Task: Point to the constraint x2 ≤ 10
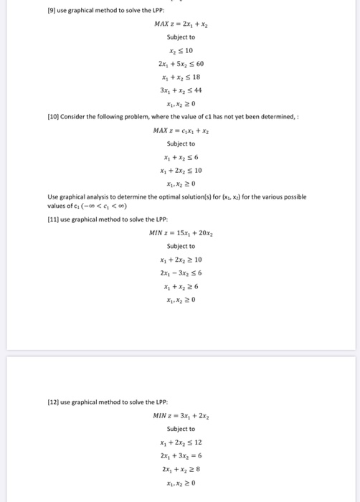tap(181, 50)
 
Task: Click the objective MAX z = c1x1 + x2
tap(181, 130)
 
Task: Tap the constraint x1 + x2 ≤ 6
tap(181, 156)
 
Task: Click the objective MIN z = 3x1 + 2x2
tap(181, 415)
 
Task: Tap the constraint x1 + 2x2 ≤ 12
tap(181, 442)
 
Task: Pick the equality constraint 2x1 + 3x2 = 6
tap(181, 455)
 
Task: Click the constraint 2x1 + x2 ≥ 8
tap(181, 468)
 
